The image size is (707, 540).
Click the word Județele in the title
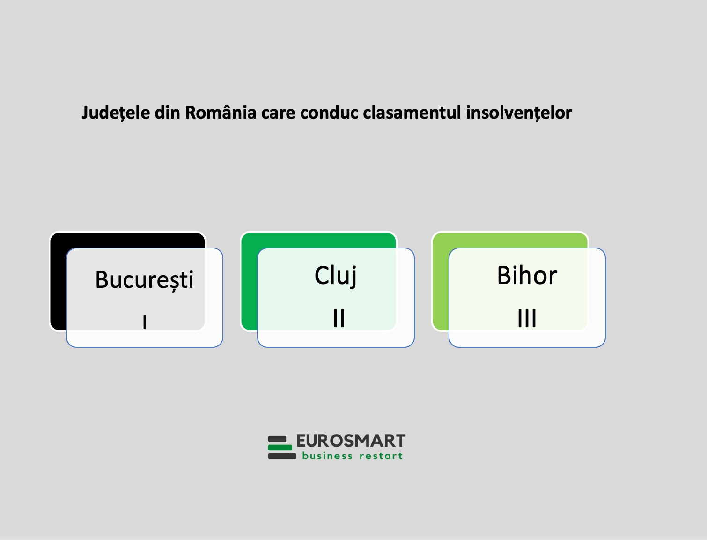pos(116,113)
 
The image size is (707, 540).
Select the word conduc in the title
pos(329,113)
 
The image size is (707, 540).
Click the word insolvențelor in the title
pos(519,113)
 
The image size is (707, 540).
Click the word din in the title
pos(167,113)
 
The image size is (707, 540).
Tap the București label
pos(144,280)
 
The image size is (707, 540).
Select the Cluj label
pos(336,276)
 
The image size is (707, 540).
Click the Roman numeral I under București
pos(145,322)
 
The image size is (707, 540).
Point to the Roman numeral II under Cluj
pos(339,318)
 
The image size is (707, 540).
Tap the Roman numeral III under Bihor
pos(527,318)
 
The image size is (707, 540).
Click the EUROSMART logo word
pos(351,441)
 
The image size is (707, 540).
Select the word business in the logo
pos(327,456)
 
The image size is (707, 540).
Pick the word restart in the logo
pos(381,456)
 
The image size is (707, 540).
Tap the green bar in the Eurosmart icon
pos(280,448)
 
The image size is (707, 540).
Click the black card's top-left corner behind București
pos(51,233)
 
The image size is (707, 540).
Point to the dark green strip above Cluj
pos(318,240)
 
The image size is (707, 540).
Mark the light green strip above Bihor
pos(510,240)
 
